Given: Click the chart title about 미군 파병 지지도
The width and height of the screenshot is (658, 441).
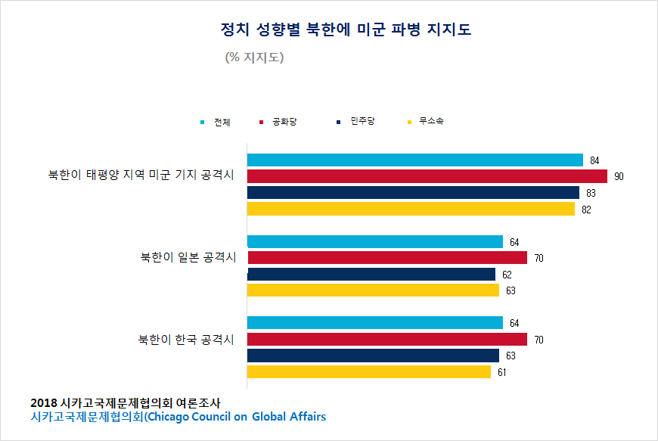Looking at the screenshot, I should point(345,30).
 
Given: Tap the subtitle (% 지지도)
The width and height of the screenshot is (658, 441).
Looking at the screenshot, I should point(254,57).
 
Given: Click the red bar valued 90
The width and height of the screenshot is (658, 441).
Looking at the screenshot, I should point(427,176).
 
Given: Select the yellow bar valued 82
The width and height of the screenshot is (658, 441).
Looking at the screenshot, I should point(411,209).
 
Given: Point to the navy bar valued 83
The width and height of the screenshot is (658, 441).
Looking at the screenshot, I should point(413,193).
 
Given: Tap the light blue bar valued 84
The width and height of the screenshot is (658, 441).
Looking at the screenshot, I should point(415,160).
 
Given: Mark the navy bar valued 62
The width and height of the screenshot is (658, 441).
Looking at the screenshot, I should point(371,274).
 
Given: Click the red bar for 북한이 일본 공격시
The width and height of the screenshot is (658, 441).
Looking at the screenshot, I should point(387,258).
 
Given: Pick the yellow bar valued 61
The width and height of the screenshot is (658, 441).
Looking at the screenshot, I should point(369,371).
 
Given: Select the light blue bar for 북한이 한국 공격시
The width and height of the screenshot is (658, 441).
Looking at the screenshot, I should point(375,323).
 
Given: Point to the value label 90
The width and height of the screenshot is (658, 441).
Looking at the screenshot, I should point(619,176).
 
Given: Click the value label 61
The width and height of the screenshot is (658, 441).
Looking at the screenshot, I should point(502,372).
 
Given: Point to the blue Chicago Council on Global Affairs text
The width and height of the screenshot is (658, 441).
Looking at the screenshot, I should point(178,417).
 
